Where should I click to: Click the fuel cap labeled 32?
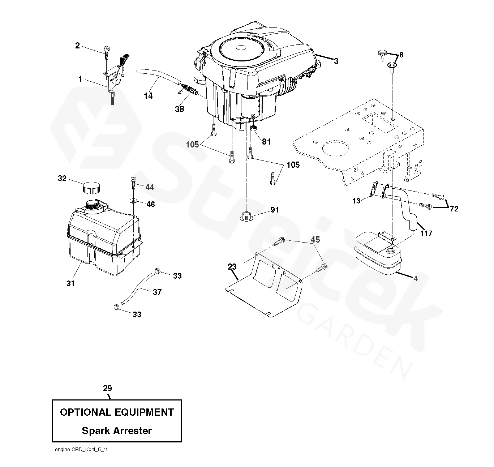coord(91,188)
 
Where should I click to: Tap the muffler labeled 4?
coord(378,255)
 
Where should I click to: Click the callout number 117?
coord(426,233)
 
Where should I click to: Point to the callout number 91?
coord(275,210)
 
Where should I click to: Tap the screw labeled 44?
coord(133,183)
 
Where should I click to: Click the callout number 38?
coord(179,109)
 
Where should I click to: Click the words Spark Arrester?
coord(117,430)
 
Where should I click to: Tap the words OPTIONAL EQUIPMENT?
coord(117,412)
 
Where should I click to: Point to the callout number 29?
coord(107,388)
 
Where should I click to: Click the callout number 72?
coord(454,209)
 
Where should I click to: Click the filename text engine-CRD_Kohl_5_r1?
coord(81,450)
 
